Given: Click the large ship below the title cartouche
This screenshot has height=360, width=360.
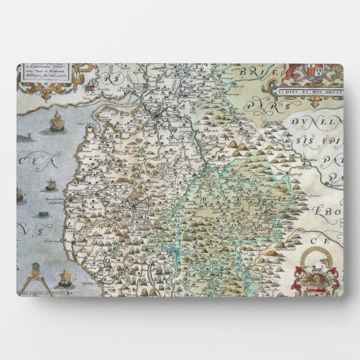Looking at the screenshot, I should coord(56,122).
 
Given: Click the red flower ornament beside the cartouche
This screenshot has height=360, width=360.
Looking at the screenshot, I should coord(88,86).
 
